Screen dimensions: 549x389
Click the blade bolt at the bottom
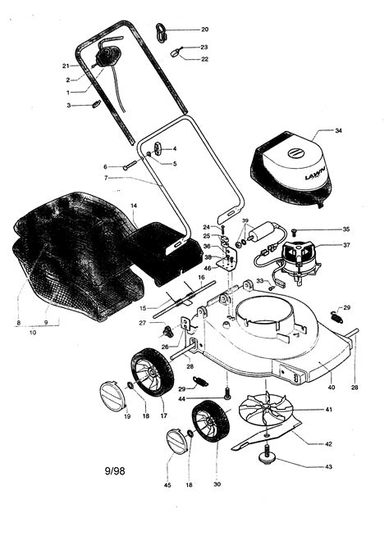(x=268, y=451)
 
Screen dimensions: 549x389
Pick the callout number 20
(x=205, y=29)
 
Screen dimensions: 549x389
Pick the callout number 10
(x=32, y=333)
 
